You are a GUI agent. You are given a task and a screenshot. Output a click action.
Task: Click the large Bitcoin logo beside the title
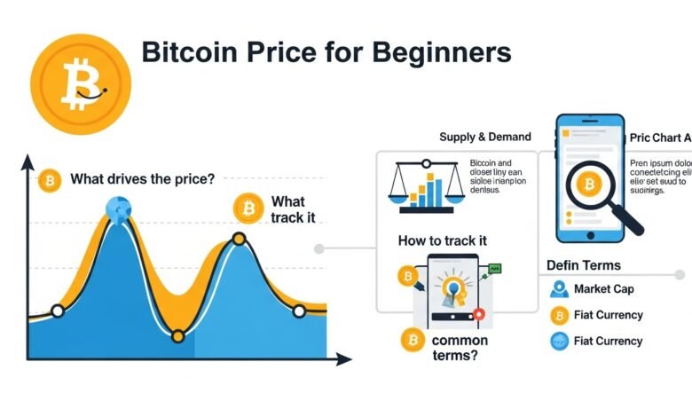(80, 83)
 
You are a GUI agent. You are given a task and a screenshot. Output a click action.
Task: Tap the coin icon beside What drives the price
(50, 180)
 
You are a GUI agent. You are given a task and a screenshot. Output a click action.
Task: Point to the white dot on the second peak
(239, 239)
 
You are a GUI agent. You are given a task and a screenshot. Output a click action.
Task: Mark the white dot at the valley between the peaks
(177, 335)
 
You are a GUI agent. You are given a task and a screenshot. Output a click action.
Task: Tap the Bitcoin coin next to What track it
(248, 209)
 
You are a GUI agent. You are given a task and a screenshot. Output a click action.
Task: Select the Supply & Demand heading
(485, 137)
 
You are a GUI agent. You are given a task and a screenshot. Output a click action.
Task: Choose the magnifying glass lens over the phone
(586, 186)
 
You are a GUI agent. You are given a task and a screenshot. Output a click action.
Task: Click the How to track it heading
(442, 240)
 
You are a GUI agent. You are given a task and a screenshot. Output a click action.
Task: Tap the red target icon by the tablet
(478, 313)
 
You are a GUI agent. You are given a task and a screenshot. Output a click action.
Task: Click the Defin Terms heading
(583, 264)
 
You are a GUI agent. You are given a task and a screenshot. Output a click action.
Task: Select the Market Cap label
(603, 289)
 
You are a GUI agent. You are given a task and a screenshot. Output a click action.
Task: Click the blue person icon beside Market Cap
(559, 289)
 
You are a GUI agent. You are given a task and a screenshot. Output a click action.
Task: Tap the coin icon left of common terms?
(411, 339)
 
